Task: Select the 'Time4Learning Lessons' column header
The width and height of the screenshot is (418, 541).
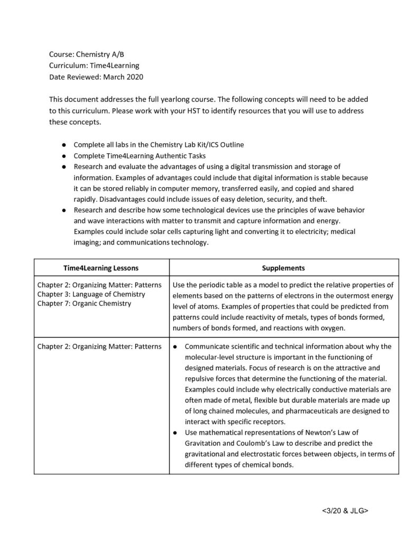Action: [x=102, y=268]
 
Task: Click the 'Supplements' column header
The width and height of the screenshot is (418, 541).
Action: [x=283, y=268]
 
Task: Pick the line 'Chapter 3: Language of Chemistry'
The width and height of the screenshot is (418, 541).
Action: [x=91, y=294]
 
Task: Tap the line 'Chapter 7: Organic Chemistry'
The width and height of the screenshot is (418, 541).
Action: [x=84, y=304]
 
